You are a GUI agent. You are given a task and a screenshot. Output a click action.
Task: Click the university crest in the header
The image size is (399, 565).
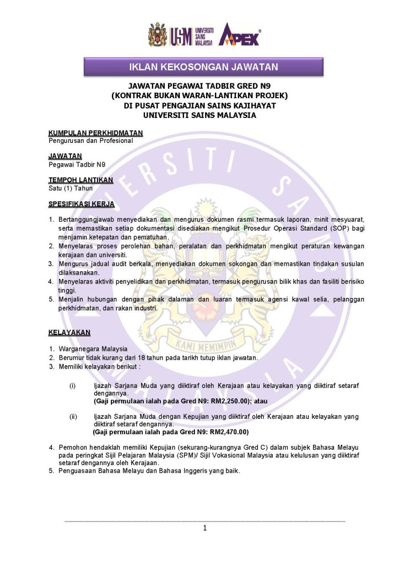(157, 35)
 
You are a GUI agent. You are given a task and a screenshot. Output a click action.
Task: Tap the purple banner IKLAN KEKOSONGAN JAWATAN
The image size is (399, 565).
(203, 67)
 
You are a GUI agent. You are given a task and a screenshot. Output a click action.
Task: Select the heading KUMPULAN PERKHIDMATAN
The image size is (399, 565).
(95, 133)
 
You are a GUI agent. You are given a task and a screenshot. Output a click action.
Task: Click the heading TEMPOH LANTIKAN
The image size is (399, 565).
(80, 180)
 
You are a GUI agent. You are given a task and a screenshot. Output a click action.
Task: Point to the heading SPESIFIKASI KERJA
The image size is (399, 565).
(81, 204)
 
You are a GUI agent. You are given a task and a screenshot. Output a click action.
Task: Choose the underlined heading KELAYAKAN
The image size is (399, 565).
(69, 333)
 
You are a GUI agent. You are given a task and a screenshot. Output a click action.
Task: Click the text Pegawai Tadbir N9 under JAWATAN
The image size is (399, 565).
(77, 164)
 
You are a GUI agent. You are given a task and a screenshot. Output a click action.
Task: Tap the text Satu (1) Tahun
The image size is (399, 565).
(71, 188)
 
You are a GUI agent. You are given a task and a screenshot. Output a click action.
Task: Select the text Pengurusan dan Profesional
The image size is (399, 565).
(91, 140)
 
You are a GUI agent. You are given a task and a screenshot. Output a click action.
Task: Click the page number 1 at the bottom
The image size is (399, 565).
(204, 528)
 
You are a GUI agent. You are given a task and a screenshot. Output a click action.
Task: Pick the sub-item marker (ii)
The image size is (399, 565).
(73, 417)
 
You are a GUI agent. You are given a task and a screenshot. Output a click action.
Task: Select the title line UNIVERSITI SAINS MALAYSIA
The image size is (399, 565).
(199, 115)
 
